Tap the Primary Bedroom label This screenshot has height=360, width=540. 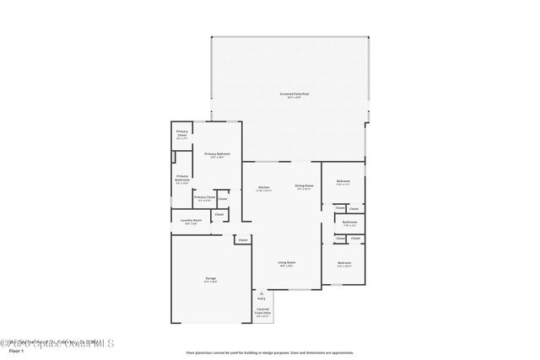(217, 153)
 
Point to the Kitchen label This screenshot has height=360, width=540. (263, 186)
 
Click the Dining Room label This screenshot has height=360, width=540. (304, 185)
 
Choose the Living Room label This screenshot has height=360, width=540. (287, 262)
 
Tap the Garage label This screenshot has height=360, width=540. (210, 278)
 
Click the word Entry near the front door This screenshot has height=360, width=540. (262, 298)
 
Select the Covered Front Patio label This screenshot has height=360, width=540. (262, 311)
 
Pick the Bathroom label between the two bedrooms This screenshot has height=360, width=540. (349, 222)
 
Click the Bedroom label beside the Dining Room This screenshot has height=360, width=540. (343, 180)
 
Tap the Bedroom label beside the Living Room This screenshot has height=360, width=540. (344, 263)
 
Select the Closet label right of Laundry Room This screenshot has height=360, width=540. (219, 214)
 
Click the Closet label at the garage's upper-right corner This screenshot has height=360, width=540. (242, 240)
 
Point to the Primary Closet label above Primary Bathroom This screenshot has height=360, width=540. (182, 132)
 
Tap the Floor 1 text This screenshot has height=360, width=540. (16, 352)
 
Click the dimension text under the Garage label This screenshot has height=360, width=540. (210, 282)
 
